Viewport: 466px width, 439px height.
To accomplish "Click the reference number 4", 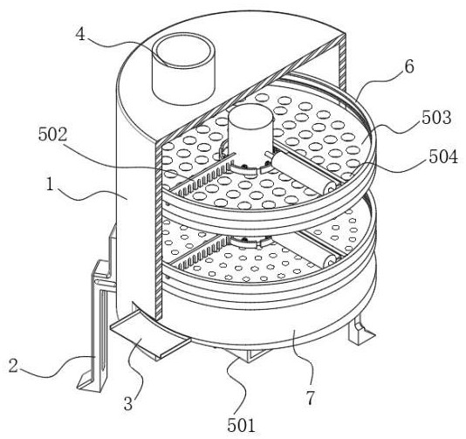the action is pyautogui.click(x=80, y=35).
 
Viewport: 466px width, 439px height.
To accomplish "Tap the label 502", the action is pyautogui.click(x=52, y=135).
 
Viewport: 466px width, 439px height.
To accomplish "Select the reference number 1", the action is pyautogui.click(x=50, y=186).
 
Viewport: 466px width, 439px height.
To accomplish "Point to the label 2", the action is pyautogui.click(x=13, y=366).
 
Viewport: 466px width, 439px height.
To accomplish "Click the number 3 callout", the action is pyautogui.click(x=128, y=404).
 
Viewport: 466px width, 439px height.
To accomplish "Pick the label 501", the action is pyautogui.click(x=241, y=425).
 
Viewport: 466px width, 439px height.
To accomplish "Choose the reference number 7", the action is pyautogui.click(x=310, y=398).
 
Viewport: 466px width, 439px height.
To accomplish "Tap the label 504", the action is pyautogui.click(x=443, y=157).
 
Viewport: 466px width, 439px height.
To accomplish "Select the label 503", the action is pyautogui.click(x=436, y=118).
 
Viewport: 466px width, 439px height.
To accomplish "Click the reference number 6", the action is pyautogui.click(x=409, y=67).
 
